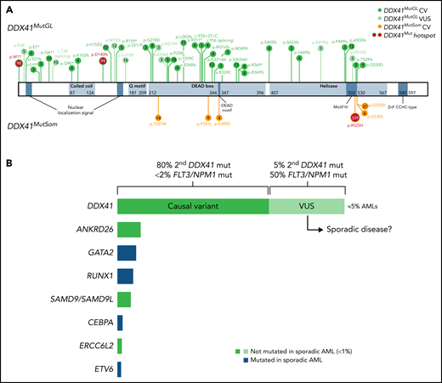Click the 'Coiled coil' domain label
click(x=81, y=86)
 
